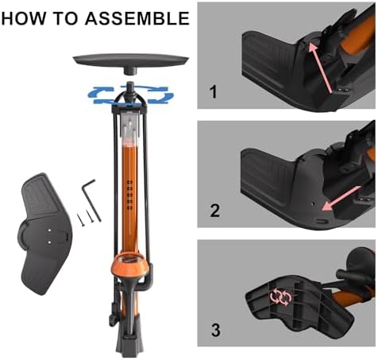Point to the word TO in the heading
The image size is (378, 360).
pos(66,17)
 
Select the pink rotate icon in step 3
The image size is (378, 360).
pos(280,297)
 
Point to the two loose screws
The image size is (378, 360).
pos(83,216)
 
